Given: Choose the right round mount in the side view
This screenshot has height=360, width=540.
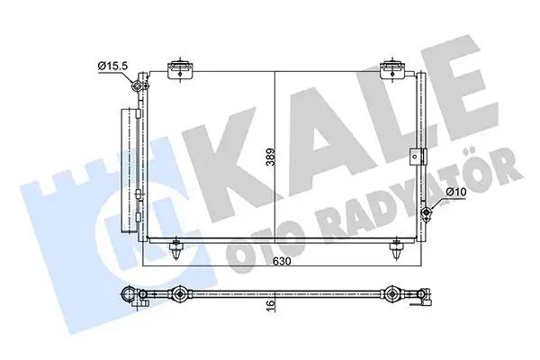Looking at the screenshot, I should point(393,294).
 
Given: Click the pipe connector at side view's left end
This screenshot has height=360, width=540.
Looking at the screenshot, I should point(131,294).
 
